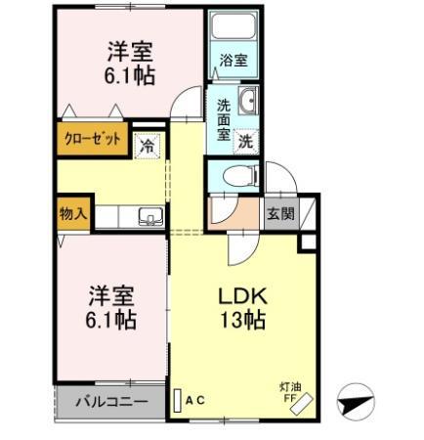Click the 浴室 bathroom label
pos(233,61)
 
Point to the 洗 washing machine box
pos(248,139)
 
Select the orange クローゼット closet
pos(94,140)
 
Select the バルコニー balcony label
pos(110,402)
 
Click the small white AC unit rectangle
pos(178,400)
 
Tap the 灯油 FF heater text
pos(288,390)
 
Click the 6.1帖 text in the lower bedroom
pos(109,319)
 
